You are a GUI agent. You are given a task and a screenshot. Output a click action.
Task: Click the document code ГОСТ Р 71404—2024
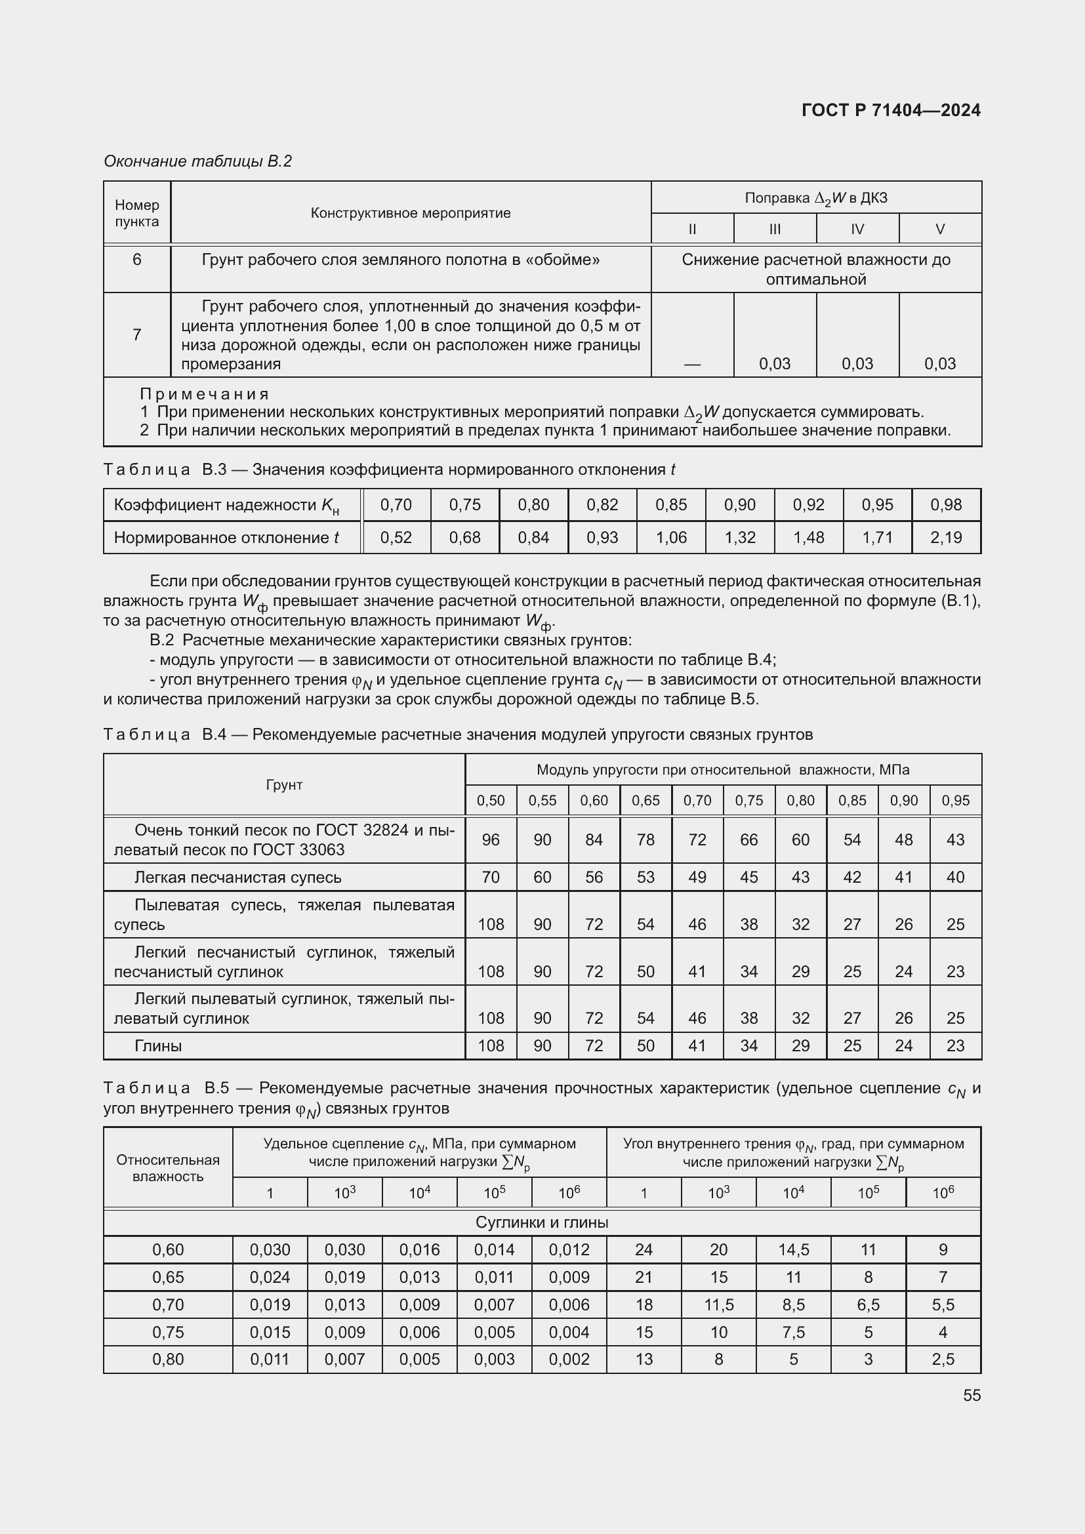pos(891,110)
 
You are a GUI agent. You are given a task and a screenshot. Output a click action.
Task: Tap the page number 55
pos(972,1395)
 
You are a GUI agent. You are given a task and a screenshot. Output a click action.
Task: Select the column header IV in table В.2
pos(857,229)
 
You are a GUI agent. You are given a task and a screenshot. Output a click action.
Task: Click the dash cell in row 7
pos(692,364)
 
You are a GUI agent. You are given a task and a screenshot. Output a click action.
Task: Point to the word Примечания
pos(204,394)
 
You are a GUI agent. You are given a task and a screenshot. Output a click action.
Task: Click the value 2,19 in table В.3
pos(946,537)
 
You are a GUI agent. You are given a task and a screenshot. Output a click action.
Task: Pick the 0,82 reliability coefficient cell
pos(602,504)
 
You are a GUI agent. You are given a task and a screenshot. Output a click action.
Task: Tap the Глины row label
pos(158,1045)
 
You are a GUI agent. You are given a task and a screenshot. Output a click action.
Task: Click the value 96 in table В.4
pos(491,840)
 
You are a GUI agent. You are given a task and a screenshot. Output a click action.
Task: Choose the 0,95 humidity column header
pos(955,800)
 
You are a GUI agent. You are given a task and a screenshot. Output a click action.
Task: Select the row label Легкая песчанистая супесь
pos(238,878)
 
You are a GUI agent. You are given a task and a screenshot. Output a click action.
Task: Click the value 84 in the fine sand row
pos(594,840)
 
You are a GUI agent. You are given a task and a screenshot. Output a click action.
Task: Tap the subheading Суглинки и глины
pos(542,1222)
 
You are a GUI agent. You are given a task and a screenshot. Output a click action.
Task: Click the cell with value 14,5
pos(793,1249)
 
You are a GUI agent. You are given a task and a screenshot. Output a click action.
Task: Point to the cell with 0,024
pos(270,1277)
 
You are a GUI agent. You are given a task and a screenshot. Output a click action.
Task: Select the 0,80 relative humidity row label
pos(168,1359)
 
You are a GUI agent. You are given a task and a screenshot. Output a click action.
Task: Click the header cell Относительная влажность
pos(168,1168)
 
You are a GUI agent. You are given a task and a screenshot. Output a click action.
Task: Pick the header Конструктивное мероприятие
pos(410,213)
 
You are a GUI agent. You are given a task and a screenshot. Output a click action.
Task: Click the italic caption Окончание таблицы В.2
pos(197,161)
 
